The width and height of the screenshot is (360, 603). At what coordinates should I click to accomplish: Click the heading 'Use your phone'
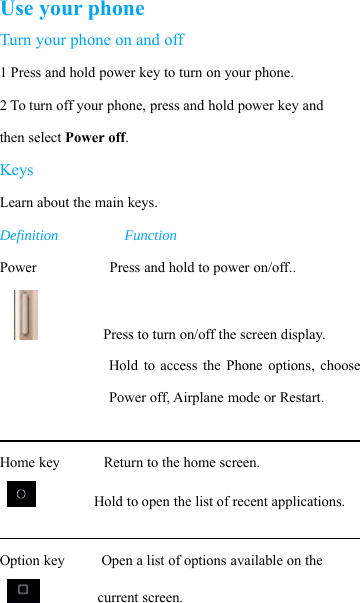pos(72,11)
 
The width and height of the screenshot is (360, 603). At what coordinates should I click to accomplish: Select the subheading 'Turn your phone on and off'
pos(92,41)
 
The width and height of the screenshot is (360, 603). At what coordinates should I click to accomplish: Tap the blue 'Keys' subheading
pos(17,170)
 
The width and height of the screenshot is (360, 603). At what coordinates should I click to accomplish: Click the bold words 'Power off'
pos(96,138)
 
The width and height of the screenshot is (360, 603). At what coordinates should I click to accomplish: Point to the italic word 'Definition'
pos(29,236)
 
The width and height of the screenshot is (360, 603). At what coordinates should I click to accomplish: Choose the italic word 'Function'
pos(150,236)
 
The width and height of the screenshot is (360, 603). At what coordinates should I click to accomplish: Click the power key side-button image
pos(27,315)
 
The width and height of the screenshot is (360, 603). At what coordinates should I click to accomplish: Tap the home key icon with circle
pos(21,494)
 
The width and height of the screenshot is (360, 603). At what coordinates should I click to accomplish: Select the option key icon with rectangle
pos(22,590)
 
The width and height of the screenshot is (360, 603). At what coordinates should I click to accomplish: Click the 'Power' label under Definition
pos(19,268)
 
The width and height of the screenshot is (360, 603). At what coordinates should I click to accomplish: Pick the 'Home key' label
pos(30,463)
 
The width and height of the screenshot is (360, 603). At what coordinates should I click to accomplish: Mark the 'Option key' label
pos(33,561)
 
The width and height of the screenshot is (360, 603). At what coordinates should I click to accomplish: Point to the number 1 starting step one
pos(4,74)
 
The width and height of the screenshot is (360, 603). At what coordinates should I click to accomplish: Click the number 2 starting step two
pos(4,106)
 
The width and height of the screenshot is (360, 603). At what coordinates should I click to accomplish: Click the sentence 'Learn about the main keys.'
pos(79,203)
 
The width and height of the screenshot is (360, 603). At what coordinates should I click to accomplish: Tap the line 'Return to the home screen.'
pos(182,463)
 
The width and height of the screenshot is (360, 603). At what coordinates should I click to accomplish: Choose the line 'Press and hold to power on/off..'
pos(202,268)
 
